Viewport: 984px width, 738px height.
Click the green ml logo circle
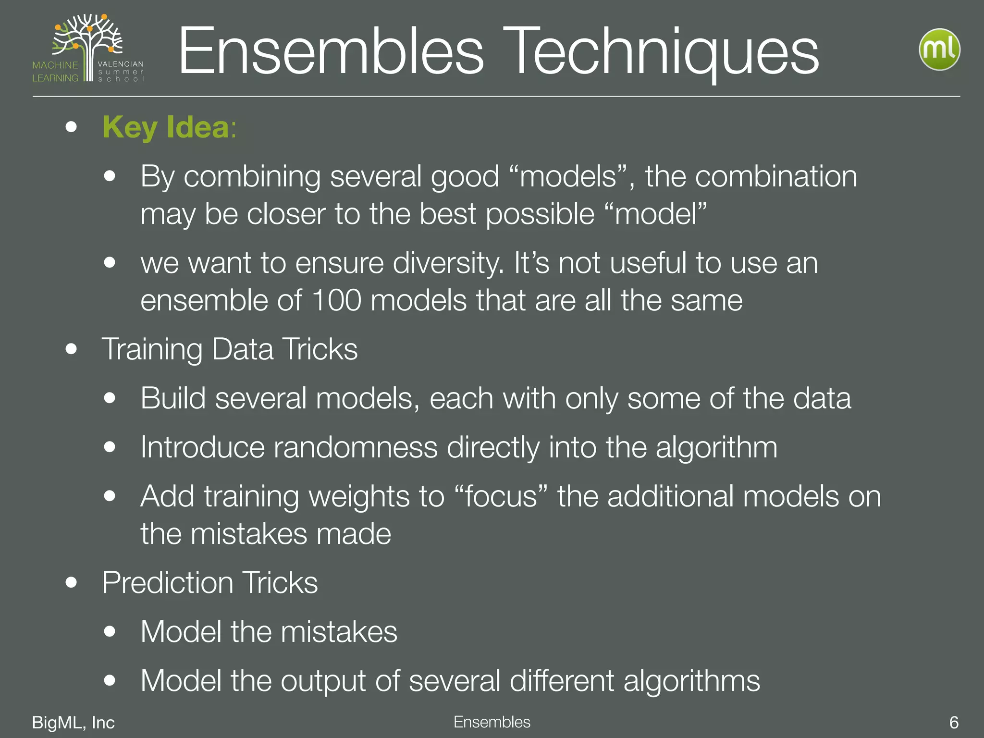[939, 49]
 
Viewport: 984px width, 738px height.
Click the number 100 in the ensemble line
[336, 300]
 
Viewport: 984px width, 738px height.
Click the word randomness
[356, 447]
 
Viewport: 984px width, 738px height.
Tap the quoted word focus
[500, 496]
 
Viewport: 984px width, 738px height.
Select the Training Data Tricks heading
[230, 349]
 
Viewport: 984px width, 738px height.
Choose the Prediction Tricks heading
[210, 582]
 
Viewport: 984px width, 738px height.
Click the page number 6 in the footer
[954, 722]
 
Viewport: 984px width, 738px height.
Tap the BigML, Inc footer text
[73, 722]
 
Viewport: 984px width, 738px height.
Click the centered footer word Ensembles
[492, 722]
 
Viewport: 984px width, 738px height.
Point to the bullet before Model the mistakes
[110, 631]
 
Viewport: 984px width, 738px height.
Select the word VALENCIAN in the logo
[120, 64]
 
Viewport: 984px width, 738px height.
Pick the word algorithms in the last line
[691, 681]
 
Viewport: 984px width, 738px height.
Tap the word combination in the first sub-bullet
[775, 176]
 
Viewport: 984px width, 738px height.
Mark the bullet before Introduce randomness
[110, 447]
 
